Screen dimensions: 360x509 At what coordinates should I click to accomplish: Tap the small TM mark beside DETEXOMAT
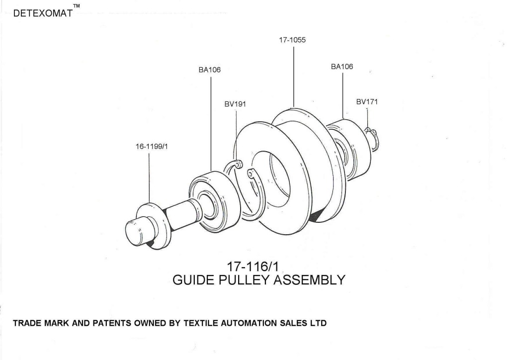tap(76, 6)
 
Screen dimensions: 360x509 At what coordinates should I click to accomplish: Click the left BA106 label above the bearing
tap(209, 70)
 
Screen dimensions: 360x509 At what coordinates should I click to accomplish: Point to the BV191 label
tap(235, 104)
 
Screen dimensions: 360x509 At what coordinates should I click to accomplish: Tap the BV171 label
tap(367, 102)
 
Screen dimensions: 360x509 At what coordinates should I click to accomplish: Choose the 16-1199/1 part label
tap(149, 147)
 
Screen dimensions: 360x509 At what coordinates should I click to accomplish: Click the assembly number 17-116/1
tap(258, 267)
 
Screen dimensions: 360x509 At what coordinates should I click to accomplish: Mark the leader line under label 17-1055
tap(293, 75)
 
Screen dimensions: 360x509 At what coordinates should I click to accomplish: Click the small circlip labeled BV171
tap(373, 135)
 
